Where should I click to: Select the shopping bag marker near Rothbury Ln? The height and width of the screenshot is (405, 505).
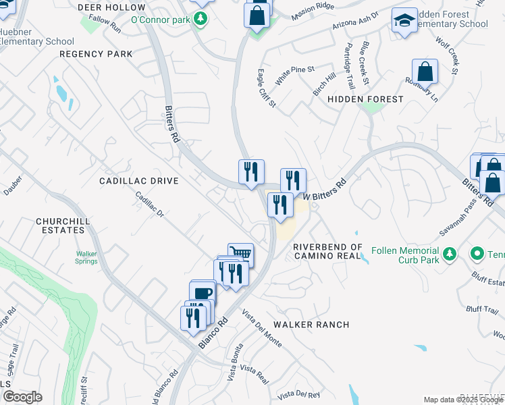tap(425, 70)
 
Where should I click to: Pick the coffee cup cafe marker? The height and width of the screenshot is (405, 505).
tap(203, 292)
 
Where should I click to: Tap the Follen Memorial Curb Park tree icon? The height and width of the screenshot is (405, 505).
tap(450, 254)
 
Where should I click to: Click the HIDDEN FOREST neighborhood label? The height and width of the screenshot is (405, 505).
tap(365, 99)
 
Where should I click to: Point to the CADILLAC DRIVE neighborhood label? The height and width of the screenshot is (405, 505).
tap(138, 181)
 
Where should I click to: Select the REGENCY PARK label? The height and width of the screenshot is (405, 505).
tap(95, 53)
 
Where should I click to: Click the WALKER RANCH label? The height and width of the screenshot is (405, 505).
tap(311, 325)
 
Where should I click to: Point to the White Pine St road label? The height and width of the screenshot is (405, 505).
tap(294, 70)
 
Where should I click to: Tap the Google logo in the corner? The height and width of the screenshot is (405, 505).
tap(22, 397)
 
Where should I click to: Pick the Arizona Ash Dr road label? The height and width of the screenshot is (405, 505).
tap(356, 21)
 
